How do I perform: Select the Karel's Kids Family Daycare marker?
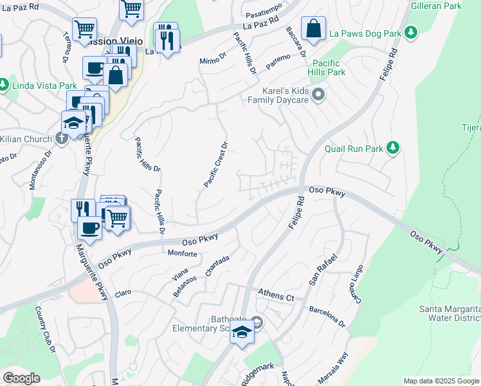[x=317, y=96]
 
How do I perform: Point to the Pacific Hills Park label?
[x=329, y=68]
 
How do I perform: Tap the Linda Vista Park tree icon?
[x=4, y=84]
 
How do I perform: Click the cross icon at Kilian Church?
[x=61, y=138]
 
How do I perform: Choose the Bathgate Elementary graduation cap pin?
[x=242, y=333]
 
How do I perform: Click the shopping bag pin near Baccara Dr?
[x=313, y=30]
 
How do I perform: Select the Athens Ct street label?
[x=276, y=296]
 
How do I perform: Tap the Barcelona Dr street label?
[x=327, y=315]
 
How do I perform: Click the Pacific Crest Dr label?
[x=216, y=165]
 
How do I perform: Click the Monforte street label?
[x=182, y=254]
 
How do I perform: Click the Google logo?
[x=21, y=378]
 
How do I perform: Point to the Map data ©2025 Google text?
[x=441, y=381]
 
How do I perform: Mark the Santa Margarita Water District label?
[x=449, y=313]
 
